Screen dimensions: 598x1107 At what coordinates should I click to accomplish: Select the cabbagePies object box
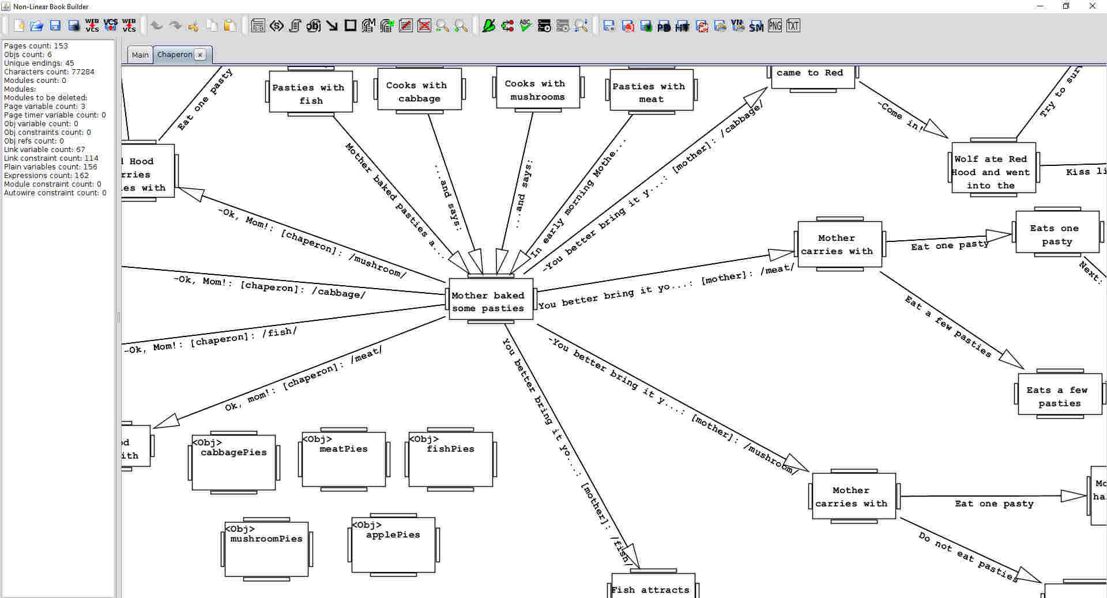234,463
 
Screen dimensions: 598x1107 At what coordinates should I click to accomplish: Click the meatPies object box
344,459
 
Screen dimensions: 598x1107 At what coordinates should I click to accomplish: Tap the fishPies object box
450,459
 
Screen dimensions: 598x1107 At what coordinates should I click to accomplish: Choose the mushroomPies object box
266,549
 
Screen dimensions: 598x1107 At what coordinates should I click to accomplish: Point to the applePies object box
393,544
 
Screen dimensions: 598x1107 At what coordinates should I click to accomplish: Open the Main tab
140,55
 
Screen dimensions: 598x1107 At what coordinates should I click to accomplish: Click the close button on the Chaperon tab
200,55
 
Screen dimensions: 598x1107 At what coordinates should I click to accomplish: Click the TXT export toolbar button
793,25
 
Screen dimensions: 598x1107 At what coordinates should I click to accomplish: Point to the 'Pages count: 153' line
36,46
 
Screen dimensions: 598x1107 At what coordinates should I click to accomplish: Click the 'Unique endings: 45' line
39,63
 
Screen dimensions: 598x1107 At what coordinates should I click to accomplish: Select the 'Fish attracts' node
652,588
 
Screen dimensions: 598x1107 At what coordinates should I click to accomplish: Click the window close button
1092,6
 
